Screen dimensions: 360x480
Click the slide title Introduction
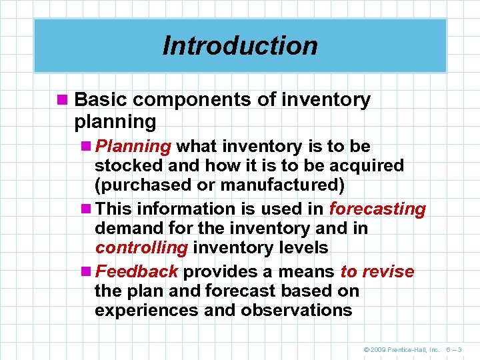[240, 46]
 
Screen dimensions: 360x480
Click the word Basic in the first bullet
[100, 100]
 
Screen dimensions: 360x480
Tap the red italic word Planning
[133, 146]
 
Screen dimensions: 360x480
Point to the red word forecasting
[377, 209]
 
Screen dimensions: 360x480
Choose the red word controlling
[141, 248]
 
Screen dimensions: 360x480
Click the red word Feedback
[137, 271]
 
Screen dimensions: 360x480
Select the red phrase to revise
[377, 271]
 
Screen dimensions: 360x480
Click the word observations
[297, 310]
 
